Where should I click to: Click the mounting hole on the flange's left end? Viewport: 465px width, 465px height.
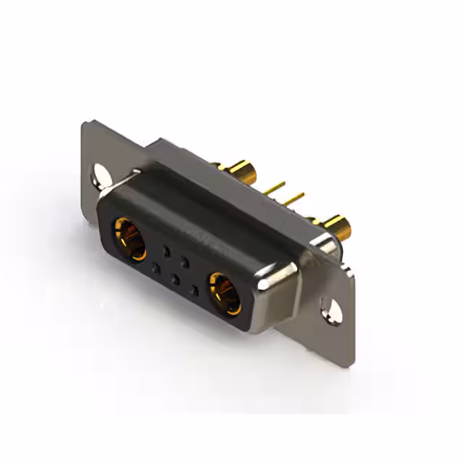(99, 174)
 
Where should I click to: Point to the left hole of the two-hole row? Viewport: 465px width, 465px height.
(166, 251)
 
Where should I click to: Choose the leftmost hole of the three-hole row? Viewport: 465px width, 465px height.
(154, 268)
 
